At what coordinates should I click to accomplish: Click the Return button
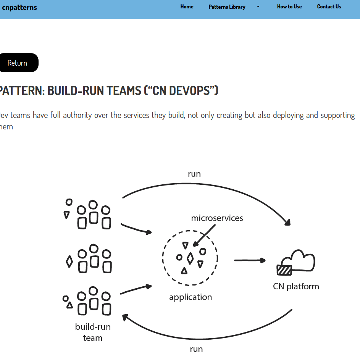pos(18,63)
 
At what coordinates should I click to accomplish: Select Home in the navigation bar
pos(187,6)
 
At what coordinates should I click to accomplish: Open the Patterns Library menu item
pos(227,7)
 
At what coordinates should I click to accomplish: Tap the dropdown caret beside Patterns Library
pos(258,6)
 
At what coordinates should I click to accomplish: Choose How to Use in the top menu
pos(289,6)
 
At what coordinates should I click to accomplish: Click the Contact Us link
pos(329,6)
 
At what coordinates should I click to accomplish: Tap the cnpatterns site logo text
pos(19,7)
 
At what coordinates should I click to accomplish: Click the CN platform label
pos(296,286)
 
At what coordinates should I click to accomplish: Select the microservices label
pos(217,218)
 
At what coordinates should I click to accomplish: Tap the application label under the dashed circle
pos(190,297)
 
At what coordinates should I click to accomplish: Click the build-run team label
pos(93,332)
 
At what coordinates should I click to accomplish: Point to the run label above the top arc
pos(194,174)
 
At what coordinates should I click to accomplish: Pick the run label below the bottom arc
pos(196,349)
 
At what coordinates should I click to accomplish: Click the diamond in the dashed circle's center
pos(190,258)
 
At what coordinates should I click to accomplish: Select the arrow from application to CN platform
pos(250,260)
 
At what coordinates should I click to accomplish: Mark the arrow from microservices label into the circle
pos(204,236)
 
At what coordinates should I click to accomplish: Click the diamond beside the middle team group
pos(69,261)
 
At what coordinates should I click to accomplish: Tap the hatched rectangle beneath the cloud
pos(284,270)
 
